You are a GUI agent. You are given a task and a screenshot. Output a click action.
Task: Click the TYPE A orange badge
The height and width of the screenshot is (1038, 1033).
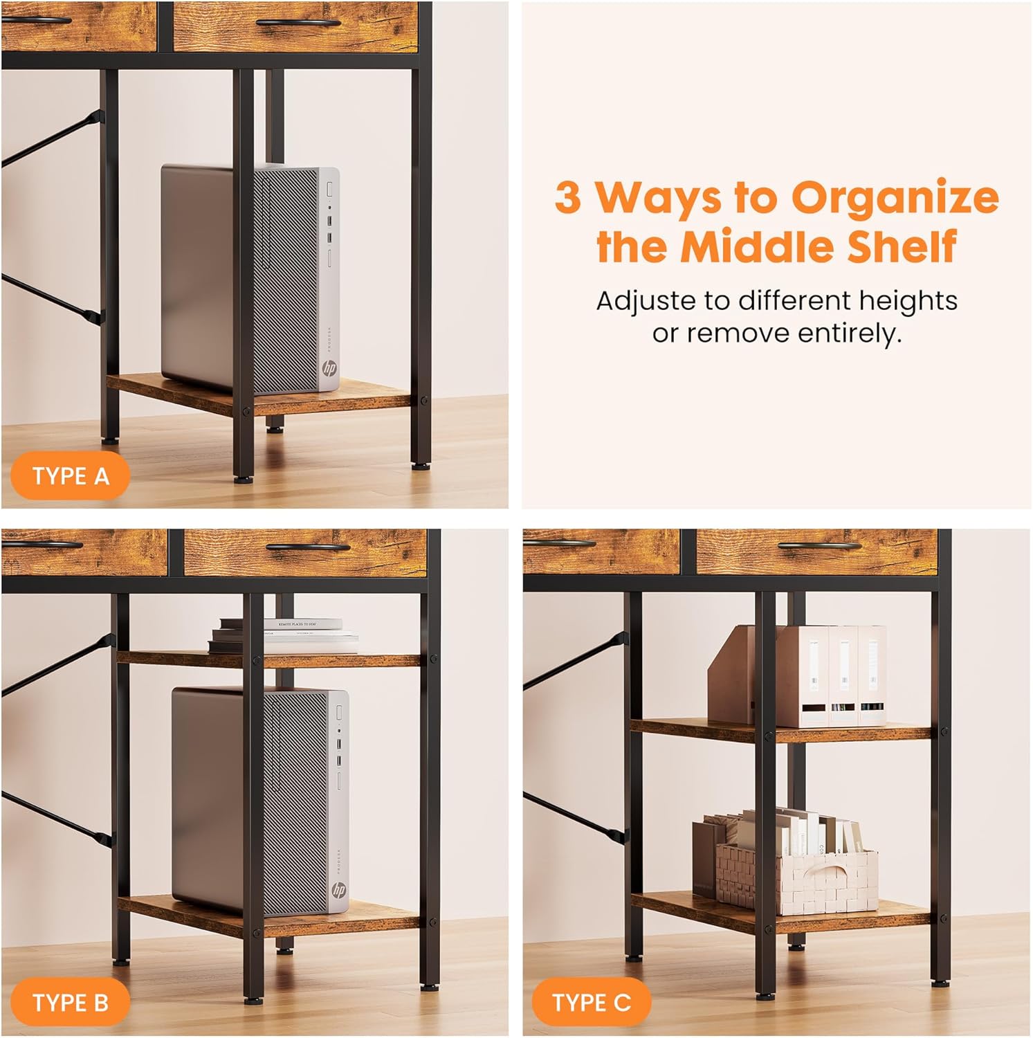click(x=70, y=476)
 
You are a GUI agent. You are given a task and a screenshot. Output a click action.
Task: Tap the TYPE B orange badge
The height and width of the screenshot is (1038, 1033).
click(x=70, y=1003)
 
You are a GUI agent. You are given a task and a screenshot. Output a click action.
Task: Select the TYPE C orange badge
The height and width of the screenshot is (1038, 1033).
click(x=592, y=1002)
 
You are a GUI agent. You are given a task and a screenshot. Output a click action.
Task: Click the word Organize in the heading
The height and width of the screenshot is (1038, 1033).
click(x=895, y=198)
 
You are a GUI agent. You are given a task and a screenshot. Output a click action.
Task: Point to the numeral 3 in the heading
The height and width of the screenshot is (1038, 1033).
click(x=568, y=198)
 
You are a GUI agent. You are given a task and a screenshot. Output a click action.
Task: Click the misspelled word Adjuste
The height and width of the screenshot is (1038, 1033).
click(x=646, y=301)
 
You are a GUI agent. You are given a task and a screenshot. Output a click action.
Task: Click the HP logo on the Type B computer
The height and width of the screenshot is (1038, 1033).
click(x=338, y=890)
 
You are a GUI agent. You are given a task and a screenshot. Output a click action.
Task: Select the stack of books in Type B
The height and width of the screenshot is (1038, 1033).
click(x=284, y=635)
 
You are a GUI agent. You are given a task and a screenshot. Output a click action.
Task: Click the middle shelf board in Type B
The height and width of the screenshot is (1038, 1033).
click(x=270, y=659)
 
